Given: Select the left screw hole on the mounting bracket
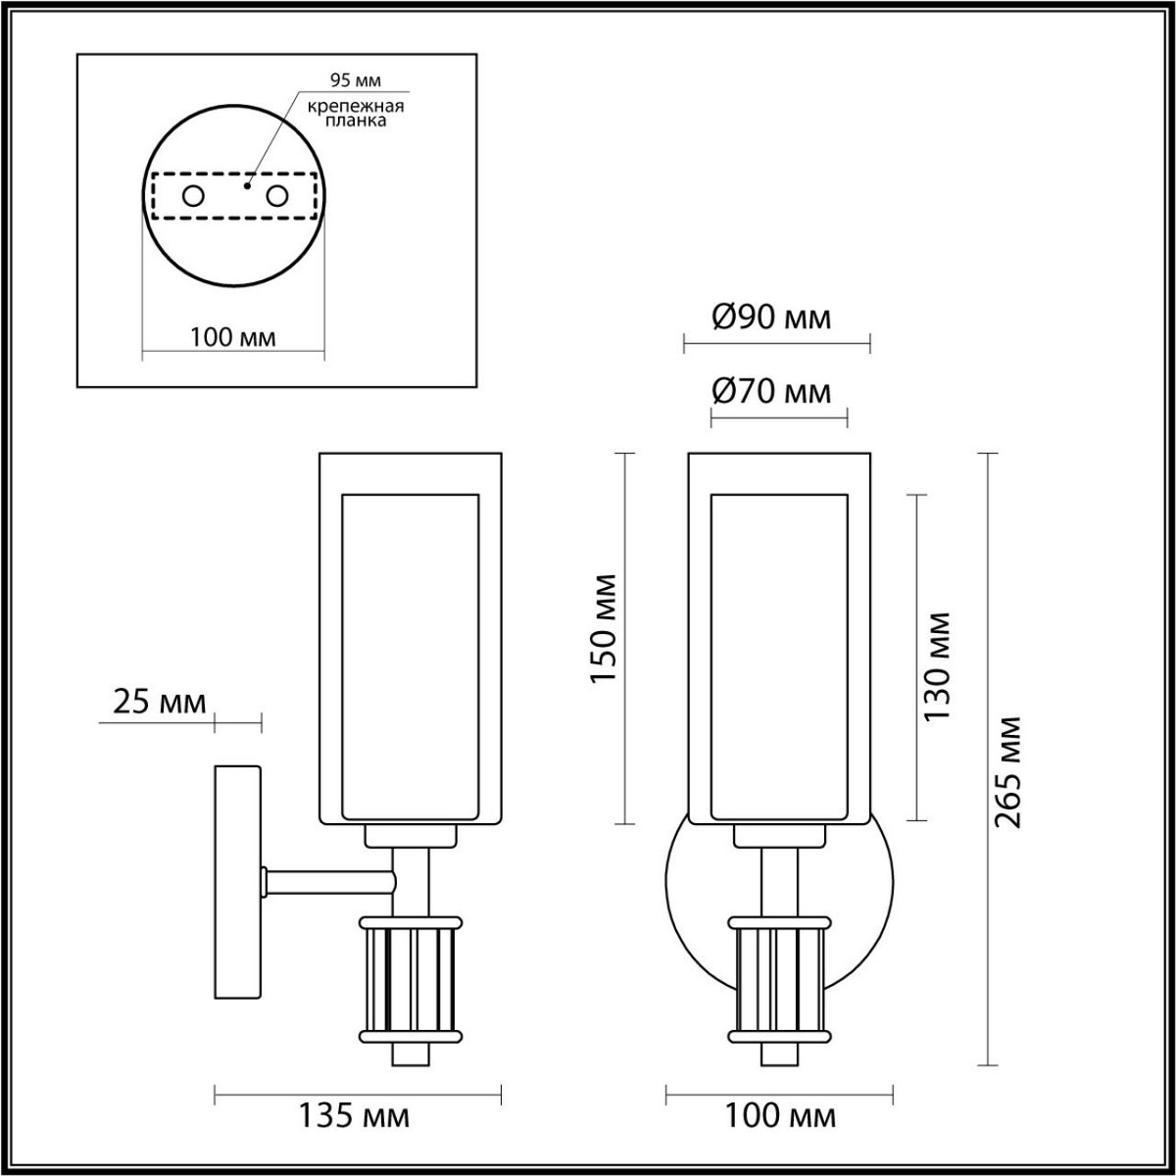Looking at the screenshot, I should coord(193,196).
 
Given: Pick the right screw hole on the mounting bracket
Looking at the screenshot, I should coord(278,196).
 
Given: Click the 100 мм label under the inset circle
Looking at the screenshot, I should coord(232,338).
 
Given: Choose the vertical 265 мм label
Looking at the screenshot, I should coord(1007,772).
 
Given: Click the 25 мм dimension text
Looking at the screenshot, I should coord(160,702).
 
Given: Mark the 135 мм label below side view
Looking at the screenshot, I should coord(356,1116).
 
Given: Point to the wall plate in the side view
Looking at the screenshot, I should coord(238,882).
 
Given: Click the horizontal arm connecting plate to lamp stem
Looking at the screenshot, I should coord(328,882).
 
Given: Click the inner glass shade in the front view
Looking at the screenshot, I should coord(778,657).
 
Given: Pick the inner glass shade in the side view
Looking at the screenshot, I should coord(410,657).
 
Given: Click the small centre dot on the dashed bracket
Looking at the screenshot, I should coord(249,183).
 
